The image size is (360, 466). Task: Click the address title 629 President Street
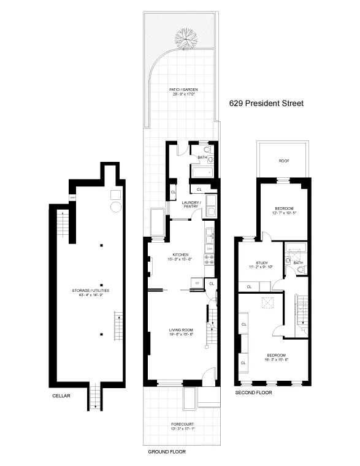tap(266, 104)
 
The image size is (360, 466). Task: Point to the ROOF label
tap(283, 161)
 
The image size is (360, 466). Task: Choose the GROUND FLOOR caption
tap(167, 451)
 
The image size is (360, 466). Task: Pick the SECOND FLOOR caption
tap(253, 392)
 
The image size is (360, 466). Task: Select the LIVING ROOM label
tap(181, 331)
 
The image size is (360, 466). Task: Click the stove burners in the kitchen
tap(209, 258)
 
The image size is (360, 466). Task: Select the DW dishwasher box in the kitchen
tap(209, 242)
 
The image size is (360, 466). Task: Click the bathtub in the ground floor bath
tap(202, 172)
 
